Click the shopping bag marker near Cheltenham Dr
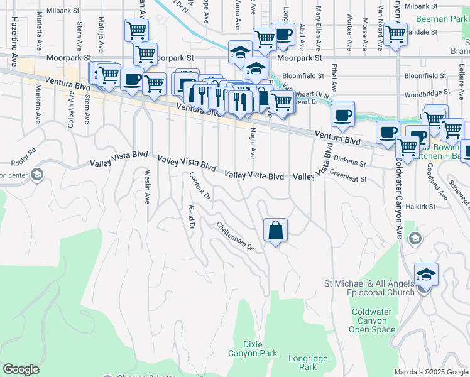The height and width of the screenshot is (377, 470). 276,230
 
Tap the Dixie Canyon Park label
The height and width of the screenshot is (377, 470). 261,349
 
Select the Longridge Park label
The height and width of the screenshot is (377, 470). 308,363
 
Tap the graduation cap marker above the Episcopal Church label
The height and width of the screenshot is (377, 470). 426,275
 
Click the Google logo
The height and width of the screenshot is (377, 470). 21,370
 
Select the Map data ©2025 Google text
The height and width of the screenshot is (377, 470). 430,372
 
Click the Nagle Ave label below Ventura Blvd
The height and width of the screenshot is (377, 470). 253,144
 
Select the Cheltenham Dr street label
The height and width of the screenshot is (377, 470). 235,236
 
